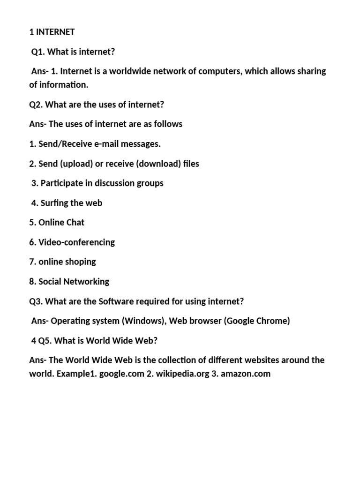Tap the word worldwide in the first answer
click(x=132, y=71)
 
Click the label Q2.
click(x=36, y=105)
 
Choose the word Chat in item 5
click(x=75, y=223)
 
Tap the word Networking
click(x=87, y=282)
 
